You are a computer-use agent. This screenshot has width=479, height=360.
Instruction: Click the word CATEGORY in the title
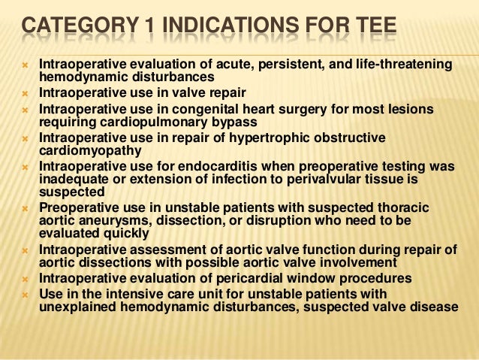point(71,31)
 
